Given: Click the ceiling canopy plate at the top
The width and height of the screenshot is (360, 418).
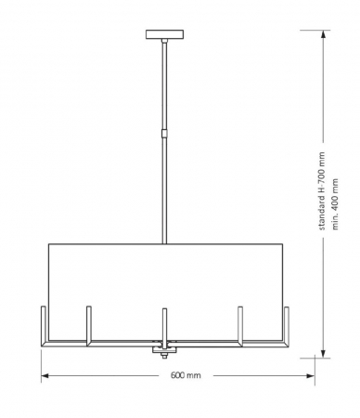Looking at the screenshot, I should (x=165, y=35).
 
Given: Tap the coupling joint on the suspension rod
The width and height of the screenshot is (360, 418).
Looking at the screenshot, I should (x=165, y=132).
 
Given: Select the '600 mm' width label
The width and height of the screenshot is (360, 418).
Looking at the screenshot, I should (x=186, y=376).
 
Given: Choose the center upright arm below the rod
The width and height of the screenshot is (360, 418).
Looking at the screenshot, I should (x=165, y=325).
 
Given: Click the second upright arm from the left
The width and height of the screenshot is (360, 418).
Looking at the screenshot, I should (x=89, y=323).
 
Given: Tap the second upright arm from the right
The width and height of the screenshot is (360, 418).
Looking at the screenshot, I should (x=241, y=323).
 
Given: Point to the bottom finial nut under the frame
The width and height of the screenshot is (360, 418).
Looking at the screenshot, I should (x=165, y=354).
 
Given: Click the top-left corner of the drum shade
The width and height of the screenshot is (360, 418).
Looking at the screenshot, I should (x=48, y=244).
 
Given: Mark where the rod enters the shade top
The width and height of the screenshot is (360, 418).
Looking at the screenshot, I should (x=165, y=244).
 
